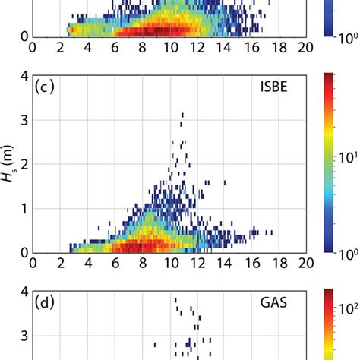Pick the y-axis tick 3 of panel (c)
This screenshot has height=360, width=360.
click(24, 120)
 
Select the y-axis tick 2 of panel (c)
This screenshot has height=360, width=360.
click(24, 164)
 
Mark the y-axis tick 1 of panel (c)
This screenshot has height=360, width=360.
click(24, 208)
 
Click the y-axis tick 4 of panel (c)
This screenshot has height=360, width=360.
click(24, 76)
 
